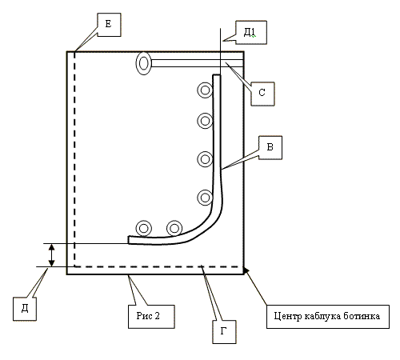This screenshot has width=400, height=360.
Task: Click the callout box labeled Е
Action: click(109, 25)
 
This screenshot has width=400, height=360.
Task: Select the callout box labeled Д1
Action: click(251, 33)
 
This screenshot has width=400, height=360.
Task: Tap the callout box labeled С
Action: click(262, 94)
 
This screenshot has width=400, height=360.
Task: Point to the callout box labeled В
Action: click(270, 148)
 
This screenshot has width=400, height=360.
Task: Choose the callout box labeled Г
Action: click(224, 332)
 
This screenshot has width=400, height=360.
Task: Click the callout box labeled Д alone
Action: click(25, 309)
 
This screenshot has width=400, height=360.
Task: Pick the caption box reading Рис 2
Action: click(151, 317)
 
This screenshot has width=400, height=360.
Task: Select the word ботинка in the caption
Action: click(362, 316)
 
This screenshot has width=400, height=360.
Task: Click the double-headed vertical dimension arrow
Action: click(51, 255)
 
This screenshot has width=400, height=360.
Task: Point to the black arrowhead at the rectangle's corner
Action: click(246, 270)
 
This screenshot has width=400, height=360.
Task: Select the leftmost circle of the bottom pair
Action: click(137, 229)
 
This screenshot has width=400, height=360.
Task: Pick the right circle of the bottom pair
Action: click(167, 229)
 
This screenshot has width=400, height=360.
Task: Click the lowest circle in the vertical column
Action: click(198, 198)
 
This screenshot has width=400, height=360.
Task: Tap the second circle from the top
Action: click(198, 121)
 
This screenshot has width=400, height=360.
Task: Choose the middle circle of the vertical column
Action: click(198, 159)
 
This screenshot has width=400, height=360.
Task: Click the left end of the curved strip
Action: click(129, 240)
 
